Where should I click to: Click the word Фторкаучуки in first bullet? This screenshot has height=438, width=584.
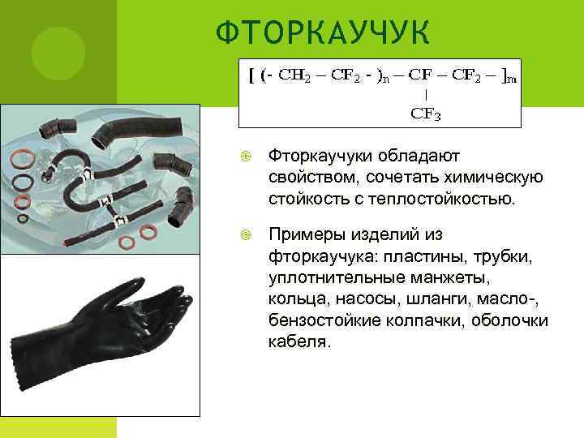click(x=317, y=154)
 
